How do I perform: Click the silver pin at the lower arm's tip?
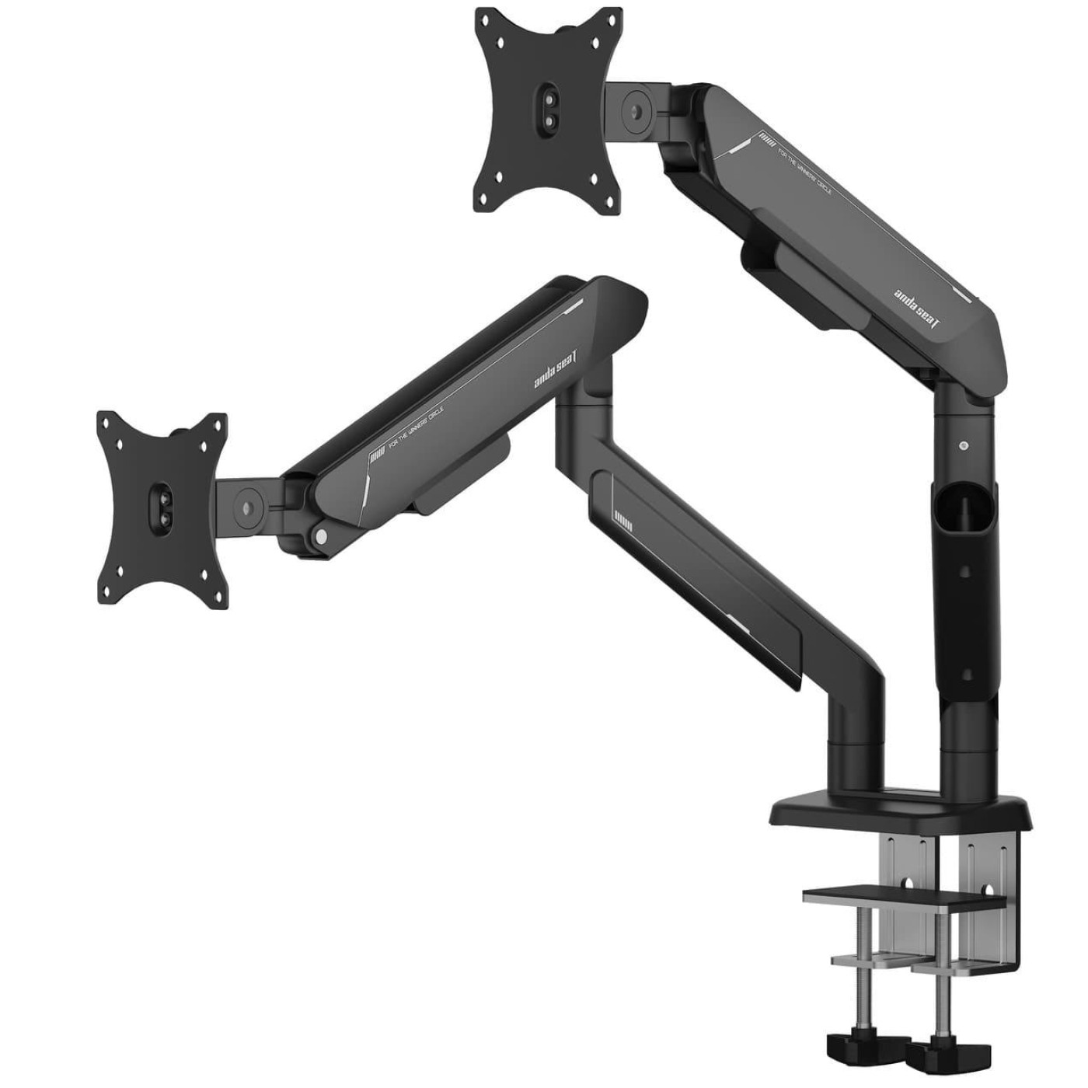click(x=319, y=535)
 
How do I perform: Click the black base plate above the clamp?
click(x=901, y=816)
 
